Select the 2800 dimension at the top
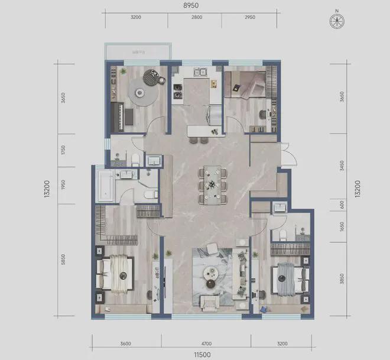[196, 18]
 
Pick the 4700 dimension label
[202, 343]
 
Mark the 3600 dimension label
[124, 343]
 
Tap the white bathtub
[106, 185]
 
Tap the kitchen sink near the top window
[199, 73]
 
